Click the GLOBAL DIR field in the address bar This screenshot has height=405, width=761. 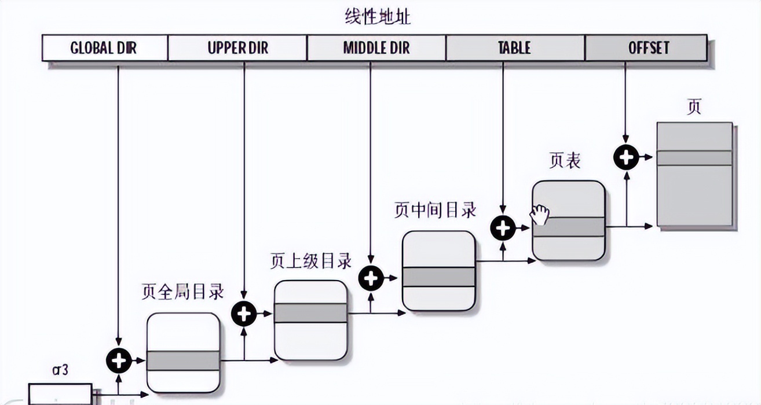[104, 47]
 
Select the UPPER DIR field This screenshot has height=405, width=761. [237, 47]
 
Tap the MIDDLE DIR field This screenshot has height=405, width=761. [376, 47]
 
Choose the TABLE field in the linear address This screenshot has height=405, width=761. [515, 47]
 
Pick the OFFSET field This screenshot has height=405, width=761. [646, 47]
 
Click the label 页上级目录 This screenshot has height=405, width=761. [311, 261]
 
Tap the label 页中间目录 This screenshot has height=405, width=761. [436, 210]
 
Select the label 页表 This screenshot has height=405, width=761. [565, 161]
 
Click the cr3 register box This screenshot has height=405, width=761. [60, 394]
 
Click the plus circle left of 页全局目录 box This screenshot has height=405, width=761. [118, 361]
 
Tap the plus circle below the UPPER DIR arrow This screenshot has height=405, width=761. [244, 314]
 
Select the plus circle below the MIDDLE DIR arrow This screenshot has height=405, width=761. [371, 279]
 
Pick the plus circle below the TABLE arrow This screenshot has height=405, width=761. [503, 228]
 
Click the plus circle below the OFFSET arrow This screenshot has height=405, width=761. [625, 157]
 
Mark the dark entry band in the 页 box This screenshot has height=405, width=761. [694, 158]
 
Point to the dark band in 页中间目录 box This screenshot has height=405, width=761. [438, 277]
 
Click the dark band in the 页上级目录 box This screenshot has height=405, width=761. [310, 312]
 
